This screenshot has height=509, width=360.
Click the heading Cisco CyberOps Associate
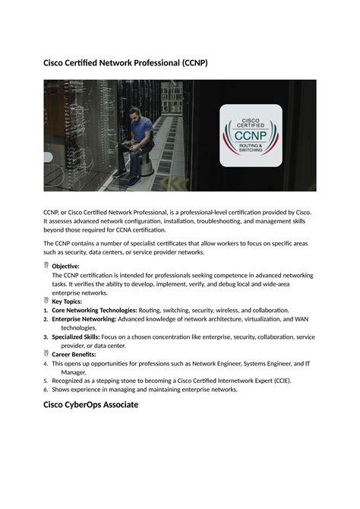coord(90,405)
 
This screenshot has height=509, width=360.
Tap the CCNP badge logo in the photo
coord(251,135)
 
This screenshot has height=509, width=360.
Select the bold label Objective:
coord(65,267)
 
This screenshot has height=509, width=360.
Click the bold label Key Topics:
coord(68,302)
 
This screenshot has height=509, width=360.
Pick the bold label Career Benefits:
coord(74,354)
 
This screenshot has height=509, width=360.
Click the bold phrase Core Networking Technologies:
coord(94,310)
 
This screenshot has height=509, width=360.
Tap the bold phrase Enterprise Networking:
coord(84,319)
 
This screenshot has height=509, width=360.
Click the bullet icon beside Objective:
coord(46,266)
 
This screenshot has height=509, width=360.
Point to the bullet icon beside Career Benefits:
coord(46,353)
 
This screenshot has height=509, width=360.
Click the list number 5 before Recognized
coord(46,381)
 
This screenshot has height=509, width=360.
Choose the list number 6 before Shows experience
coord(46,390)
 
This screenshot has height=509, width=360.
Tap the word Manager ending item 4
coord(74,372)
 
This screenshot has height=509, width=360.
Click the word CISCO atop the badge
coord(251,119)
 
